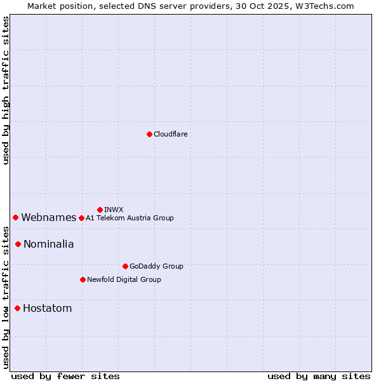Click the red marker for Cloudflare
click(149, 134)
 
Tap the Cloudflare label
click(171, 134)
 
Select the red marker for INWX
click(100, 210)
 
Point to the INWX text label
click(114, 210)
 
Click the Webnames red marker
click(15, 217)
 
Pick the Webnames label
click(48, 218)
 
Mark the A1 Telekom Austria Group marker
click(81, 218)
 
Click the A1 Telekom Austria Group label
click(130, 218)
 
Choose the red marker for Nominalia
click(18, 244)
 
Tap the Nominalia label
click(48, 244)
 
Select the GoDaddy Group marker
click(125, 266)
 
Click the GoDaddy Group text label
click(156, 266)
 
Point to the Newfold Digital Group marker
click(83, 279)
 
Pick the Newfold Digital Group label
click(124, 279)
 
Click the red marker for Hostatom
click(17, 308)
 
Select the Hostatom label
click(47, 309)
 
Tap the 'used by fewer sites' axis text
click(65, 376)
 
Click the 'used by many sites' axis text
click(319, 376)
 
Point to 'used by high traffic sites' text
click(6, 90)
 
